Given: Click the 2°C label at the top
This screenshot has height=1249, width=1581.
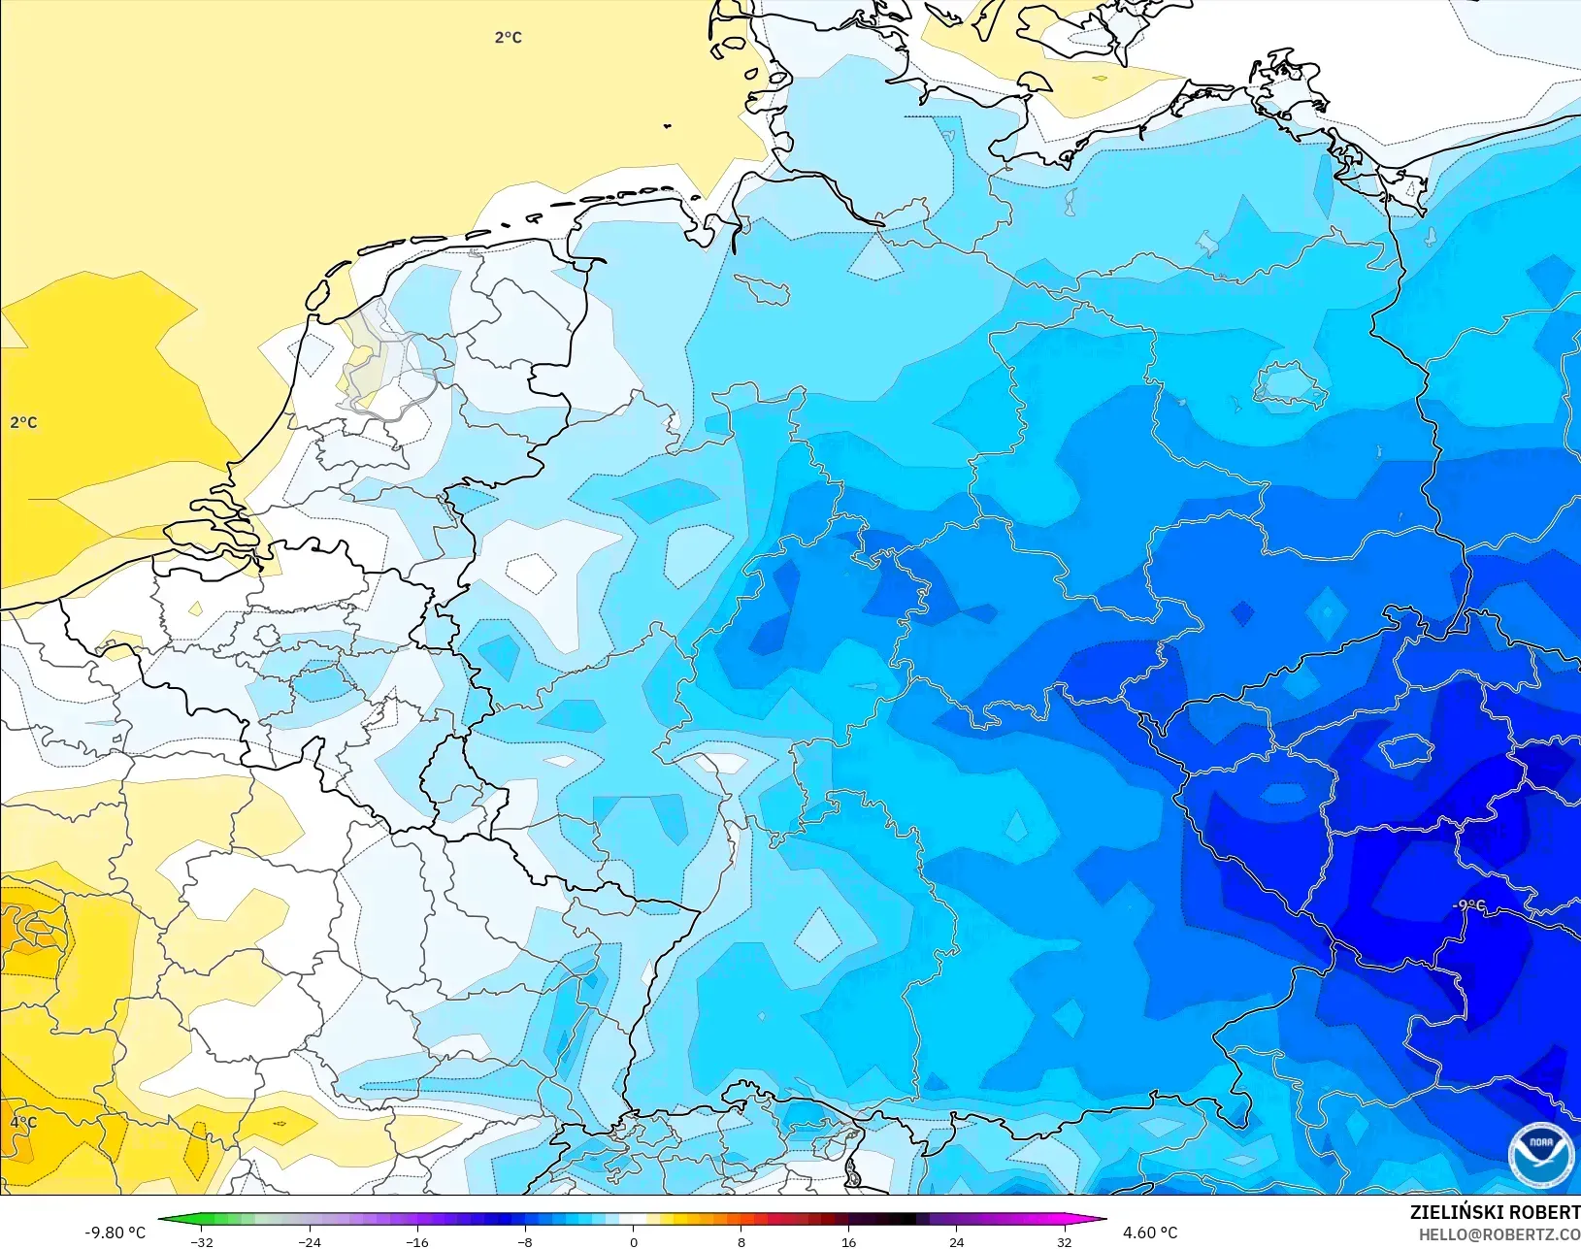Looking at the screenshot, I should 508,37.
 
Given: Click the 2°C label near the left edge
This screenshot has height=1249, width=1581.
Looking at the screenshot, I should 23,422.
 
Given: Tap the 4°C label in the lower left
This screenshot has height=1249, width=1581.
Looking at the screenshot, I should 23,1122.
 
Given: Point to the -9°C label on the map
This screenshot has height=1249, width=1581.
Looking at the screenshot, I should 1468,904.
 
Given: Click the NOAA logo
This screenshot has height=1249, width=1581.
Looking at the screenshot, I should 1540,1153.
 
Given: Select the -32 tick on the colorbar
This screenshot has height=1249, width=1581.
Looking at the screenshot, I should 202,1241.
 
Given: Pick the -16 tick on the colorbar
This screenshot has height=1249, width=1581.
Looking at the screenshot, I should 417,1241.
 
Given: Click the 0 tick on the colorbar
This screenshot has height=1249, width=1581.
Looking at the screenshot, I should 633,1241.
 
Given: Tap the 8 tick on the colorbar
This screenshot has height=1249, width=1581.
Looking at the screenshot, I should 741,1241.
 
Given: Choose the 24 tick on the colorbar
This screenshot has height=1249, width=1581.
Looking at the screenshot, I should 956,1241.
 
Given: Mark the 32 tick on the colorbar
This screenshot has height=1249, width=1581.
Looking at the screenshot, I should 1064,1241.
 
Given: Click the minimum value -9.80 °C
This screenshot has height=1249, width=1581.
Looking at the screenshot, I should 115,1233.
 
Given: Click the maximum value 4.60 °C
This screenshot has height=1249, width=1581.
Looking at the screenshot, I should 1150,1233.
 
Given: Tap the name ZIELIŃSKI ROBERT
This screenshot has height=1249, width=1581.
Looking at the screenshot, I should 1495,1212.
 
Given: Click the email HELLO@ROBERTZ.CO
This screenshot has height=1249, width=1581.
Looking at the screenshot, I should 1499,1234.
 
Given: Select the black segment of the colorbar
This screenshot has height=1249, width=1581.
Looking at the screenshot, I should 901,1219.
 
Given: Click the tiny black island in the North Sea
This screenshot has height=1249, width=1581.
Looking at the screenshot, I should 668,125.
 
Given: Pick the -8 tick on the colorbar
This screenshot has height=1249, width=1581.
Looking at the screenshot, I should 525,1241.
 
